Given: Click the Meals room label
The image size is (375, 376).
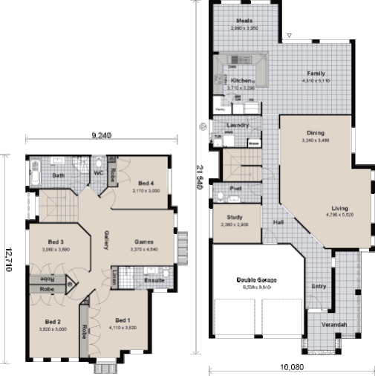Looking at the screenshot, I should pyautogui.click(x=244, y=20).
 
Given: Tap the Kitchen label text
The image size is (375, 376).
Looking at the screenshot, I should pyautogui.click(x=241, y=80).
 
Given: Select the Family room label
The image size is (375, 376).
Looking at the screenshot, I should pyautogui.click(x=317, y=74).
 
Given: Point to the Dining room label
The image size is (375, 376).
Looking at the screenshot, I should pyautogui.click(x=315, y=133).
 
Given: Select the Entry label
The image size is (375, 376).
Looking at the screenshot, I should pyautogui.click(x=319, y=285).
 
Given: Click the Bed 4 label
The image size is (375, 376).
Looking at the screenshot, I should pyautogui.click(x=146, y=184).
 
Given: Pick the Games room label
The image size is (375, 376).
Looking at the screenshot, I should pyautogui.click(x=144, y=242).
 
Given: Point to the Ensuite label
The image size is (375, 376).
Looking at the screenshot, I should pyautogui.click(x=154, y=280).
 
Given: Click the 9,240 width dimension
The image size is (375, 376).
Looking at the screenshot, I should pyautogui.click(x=101, y=135).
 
